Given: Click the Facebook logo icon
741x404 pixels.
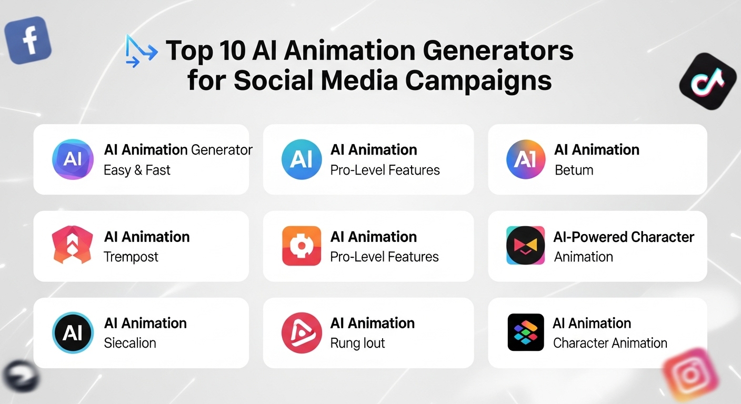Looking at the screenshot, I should tap(28, 40).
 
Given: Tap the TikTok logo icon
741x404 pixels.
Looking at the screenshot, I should tap(708, 81).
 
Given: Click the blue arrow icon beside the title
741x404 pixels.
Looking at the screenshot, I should tap(141, 52).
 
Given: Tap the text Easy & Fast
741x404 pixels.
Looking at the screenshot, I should tap(137, 170).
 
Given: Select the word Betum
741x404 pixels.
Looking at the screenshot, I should tap(574, 170).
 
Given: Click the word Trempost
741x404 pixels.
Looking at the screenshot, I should tap(131, 257).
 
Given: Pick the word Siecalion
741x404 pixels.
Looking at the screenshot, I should tap(130, 343).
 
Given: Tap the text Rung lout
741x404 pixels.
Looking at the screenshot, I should tap(357, 343).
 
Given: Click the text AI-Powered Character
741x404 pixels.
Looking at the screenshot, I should tap(624, 237).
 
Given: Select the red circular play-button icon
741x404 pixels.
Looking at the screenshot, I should tap(301, 333).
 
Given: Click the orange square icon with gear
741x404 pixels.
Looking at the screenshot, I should tap(301, 246).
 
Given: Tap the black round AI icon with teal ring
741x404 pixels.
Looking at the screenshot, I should tap(73, 333).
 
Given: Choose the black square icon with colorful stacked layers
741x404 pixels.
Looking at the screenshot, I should tap(525, 332).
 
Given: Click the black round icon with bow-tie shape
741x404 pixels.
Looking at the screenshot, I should tap(525, 246).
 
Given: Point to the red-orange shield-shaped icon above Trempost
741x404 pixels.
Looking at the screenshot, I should tap(73, 246).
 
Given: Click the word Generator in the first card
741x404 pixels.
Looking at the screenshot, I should tap(221, 150).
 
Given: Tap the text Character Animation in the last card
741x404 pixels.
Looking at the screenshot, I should tap(610, 343).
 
